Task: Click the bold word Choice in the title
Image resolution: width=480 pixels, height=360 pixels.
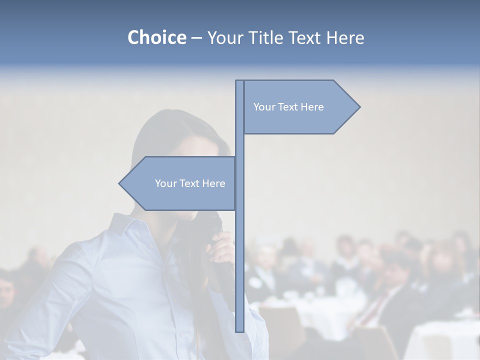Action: pyautogui.click(x=156, y=37)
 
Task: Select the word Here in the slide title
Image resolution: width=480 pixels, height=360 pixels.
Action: pyautogui.click(x=345, y=37)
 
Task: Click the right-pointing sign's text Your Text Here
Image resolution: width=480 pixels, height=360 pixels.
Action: pyautogui.click(x=288, y=107)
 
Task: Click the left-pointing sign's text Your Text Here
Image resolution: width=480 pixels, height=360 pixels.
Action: pyautogui.click(x=190, y=183)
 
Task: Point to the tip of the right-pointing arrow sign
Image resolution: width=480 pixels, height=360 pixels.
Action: pyautogui.click(x=359, y=106)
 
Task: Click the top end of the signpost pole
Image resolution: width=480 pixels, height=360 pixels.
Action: pyautogui.click(x=240, y=81)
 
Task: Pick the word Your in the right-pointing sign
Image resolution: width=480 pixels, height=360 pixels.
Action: pyautogui.click(x=263, y=107)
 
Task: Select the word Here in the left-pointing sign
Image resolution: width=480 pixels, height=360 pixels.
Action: pyautogui.click(x=213, y=183)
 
